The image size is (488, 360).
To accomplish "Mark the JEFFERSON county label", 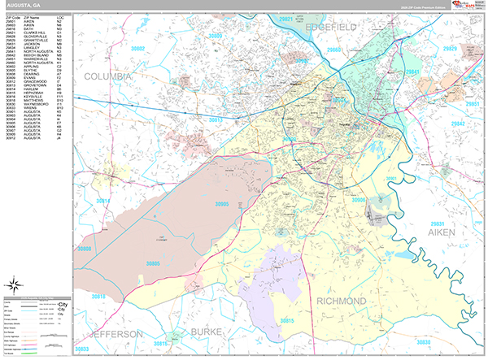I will [x=117, y=334].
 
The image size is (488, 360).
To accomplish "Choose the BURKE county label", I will [x=211, y=332].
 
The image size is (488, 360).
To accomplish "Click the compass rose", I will [x=15, y=284].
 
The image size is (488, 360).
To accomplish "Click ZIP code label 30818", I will [x=98, y=298].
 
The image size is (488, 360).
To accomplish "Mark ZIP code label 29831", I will [x=439, y=222].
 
